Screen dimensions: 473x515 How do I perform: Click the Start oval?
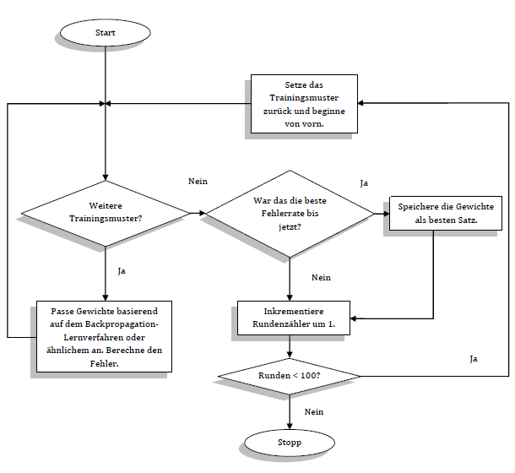(105, 33)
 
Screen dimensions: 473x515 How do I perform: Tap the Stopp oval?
(289, 442)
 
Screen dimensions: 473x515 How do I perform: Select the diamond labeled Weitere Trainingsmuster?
(105, 212)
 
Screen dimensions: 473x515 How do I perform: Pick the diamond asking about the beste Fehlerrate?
(290, 214)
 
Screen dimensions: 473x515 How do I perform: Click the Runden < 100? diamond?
(289, 375)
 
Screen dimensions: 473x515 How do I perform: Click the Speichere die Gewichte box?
(446, 213)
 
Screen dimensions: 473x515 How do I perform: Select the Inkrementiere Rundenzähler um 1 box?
(290, 318)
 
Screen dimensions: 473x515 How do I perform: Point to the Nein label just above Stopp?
(314, 412)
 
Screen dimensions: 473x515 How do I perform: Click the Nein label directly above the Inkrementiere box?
(321, 277)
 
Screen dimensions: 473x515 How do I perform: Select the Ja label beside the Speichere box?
(364, 182)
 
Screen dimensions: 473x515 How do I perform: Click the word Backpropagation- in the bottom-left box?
(121, 324)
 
